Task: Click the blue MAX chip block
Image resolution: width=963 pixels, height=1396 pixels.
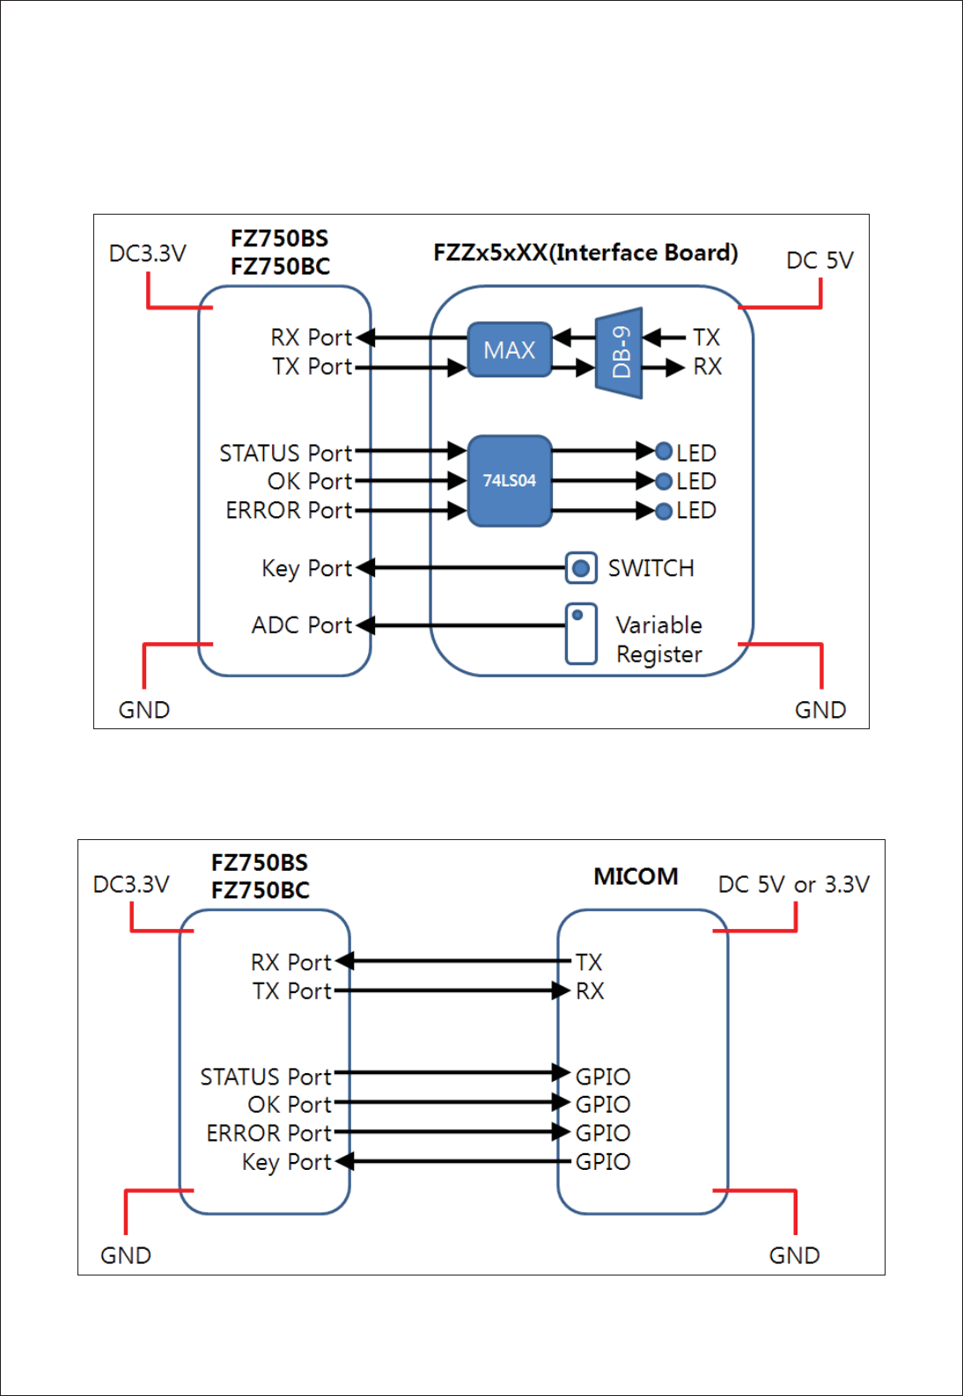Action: pyautogui.click(x=510, y=349)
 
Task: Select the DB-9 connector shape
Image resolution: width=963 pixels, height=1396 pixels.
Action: pyautogui.click(x=619, y=353)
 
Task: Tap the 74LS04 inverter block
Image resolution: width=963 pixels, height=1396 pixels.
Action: pyautogui.click(x=510, y=480)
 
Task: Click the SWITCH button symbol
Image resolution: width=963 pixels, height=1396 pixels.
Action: pyautogui.click(x=581, y=567)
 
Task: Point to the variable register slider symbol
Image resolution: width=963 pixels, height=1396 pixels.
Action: pyautogui.click(x=581, y=634)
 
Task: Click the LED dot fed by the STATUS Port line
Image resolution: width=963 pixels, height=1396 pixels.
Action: pyautogui.click(x=664, y=450)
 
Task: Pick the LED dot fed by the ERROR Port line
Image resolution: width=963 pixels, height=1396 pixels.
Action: pyautogui.click(x=664, y=511)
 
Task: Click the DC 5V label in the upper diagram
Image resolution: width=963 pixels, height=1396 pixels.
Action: pyautogui.click(x=820, y=260)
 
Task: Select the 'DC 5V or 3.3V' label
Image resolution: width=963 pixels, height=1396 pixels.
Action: pyautogui.click(x=793, y=884)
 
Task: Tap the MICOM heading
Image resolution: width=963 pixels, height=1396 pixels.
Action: pyautogui.click(x=636, y=876)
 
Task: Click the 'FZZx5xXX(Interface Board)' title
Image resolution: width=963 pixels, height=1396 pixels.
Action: pyautogui.click(x=585, y=252)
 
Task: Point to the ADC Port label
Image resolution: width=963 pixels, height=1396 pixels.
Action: pyautogui.click(x=302, y=625)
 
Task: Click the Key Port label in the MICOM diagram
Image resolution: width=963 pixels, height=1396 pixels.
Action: pyautogui.click(x=287, y=1162)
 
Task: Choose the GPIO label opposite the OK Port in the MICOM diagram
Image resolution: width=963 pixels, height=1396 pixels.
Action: pyautogui.click(x=602, y=1104)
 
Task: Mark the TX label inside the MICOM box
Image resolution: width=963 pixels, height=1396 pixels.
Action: pyautogui.click(x=589, y=962)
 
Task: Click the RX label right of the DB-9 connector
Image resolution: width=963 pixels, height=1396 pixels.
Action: pyautogui.click(x=707, y=367)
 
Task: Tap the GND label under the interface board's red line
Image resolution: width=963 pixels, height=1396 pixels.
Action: pyautogui.click(x=820, y=710)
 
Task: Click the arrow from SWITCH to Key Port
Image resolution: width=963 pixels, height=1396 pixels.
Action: pyautogui.click(x=460, y=567)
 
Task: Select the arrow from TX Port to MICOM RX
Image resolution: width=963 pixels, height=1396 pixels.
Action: pyautogui.click(x=452, y=990)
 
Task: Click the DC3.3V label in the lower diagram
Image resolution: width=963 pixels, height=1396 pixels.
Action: pyautogui.click(x=131, y=884)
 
